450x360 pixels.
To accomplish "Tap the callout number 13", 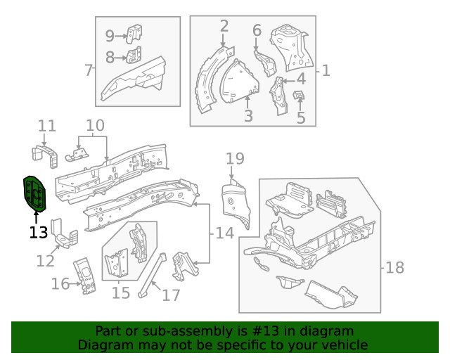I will click(39, 232).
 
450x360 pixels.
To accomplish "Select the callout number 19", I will click(234, 158).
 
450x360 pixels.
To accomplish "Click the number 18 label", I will click(395, 267).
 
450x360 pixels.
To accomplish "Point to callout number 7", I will click(89, 70).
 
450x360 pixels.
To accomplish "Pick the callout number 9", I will click(110, 35).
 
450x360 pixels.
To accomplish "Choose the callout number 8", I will click(110, 57).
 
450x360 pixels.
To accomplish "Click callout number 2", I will click(224, 27).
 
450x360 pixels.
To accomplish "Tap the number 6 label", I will click(257, 30).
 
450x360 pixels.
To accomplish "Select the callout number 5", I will click(301, 117).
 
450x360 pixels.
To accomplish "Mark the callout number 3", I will click(248, 116).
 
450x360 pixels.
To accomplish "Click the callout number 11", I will click(47, 127).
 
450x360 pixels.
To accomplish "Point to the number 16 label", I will click(60, 283).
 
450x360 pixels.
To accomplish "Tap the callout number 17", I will click(171, 295).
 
